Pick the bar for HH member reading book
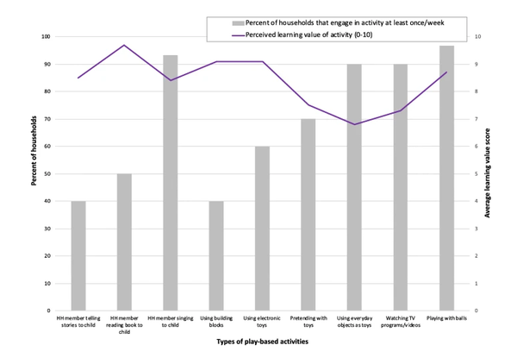click(124, 242)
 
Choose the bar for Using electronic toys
click(263, 228)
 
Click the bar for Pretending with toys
click(308, 215)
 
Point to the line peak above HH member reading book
click(124, 45)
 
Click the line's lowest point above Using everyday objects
click(354, 124)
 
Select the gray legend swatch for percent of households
click(239, 22)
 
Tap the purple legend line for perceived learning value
click(239, 36)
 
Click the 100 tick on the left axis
click(47, 36)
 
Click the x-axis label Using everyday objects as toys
click(354, 322)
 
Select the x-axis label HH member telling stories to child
click(78, 322)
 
